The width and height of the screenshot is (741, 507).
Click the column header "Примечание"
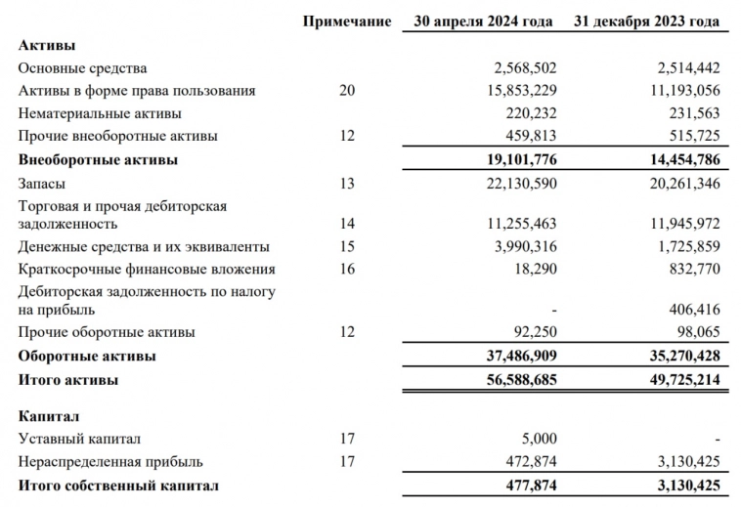pos(347,21)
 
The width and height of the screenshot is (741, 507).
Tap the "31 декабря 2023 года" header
pos(649,21)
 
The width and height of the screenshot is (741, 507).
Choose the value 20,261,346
pos(681,181)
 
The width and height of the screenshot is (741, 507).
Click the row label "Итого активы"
pos(69,377)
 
